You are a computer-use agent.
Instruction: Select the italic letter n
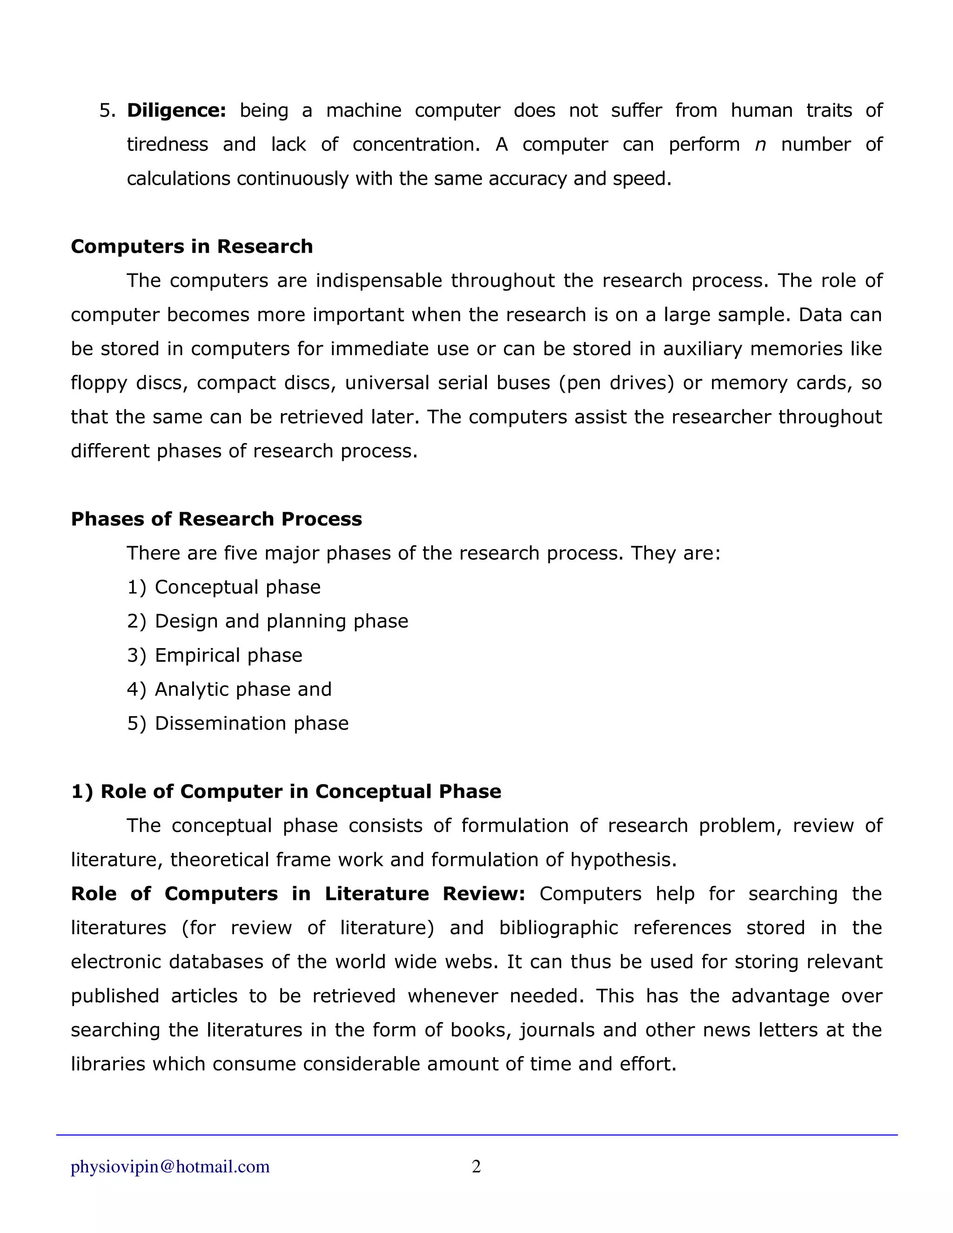tap(760, 145)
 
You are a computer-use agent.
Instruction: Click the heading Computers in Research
tap(191, 247)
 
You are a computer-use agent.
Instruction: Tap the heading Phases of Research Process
tap(216, 519)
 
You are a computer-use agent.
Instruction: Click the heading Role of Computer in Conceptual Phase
tap(286, 791)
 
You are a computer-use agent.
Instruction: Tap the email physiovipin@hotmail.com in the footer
tap(170, 1166)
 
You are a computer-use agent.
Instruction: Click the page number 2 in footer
tap(476, 1166)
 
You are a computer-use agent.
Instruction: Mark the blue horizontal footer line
tap(476, 1135)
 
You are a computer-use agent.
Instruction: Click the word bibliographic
tap(558, 928)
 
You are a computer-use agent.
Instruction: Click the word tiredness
tap(167, 145)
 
